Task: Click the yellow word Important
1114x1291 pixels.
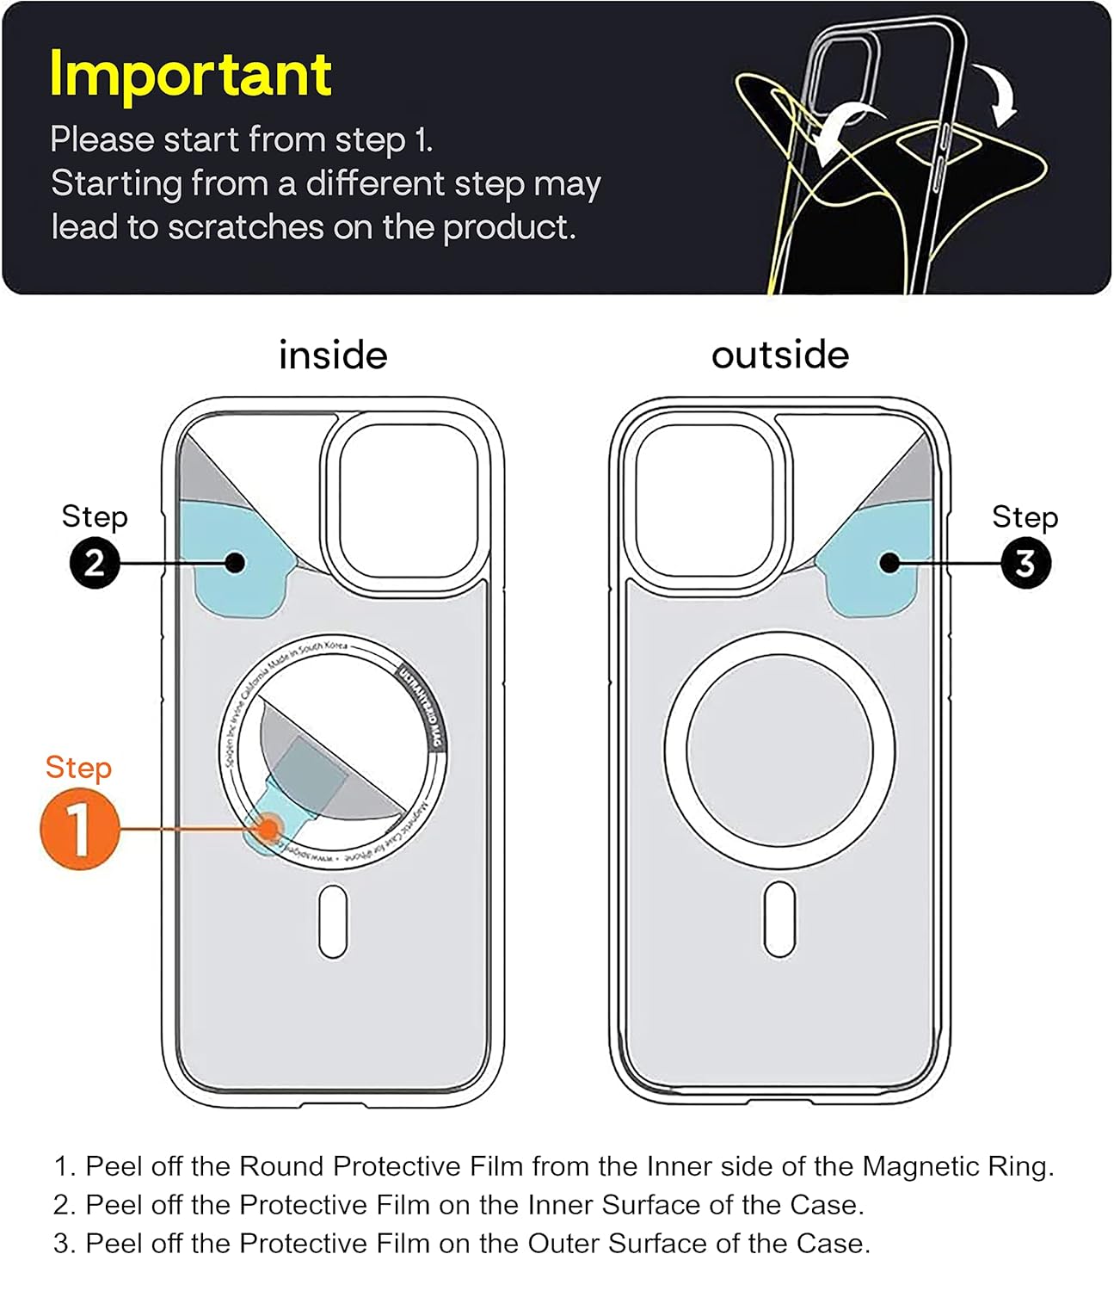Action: tap(190, 74)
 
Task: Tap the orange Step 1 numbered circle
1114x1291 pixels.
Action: tap(79, 829)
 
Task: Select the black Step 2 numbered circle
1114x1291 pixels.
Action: tap(95, 563)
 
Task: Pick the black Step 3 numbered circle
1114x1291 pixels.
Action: tap(1025, 564)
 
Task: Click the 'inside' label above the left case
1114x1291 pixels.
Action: tap(333, 355)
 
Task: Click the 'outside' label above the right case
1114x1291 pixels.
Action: tap(780, 355)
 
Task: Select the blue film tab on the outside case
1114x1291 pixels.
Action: tap(877, 564)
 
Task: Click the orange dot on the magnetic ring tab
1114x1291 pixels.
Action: tap(269, 829)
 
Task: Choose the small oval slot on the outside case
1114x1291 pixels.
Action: tap(779, 920)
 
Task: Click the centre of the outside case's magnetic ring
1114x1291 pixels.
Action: tap(779, 750)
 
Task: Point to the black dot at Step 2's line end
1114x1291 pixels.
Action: tap(235, 563)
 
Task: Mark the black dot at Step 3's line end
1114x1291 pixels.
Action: tap(889, 563)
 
